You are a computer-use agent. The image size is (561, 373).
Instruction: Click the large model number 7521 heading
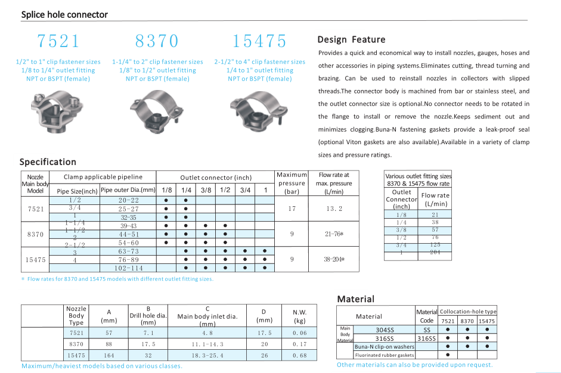tap(58, 41)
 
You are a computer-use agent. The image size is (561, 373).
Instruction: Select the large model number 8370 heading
tap(157, 41)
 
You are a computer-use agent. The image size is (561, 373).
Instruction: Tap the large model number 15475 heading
tap(259, 41)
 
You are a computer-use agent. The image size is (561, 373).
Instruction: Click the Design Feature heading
tap(351, 40)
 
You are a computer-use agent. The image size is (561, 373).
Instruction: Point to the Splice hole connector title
tap(64, 14)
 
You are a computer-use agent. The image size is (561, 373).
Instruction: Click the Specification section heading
tap(48, 162)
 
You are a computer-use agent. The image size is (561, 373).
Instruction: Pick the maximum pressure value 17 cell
tap(292, 209)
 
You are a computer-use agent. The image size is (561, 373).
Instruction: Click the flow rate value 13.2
tap(334, 209)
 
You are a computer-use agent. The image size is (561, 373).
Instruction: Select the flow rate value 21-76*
tap(334, 234)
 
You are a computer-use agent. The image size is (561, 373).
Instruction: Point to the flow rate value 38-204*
tap(334, 260)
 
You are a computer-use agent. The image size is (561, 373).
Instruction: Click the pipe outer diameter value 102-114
tap(128, 268)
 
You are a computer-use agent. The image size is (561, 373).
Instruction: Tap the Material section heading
tap(356, 299)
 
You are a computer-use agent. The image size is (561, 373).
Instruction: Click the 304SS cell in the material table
tap(385, 330)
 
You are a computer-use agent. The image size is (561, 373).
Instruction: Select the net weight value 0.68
tap(299, 355)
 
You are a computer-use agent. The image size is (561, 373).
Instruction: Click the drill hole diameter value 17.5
tap(148, 344)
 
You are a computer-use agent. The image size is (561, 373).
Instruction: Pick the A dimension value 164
tap(109, 355)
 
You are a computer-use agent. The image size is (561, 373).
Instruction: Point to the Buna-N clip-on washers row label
tap(384, 346)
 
